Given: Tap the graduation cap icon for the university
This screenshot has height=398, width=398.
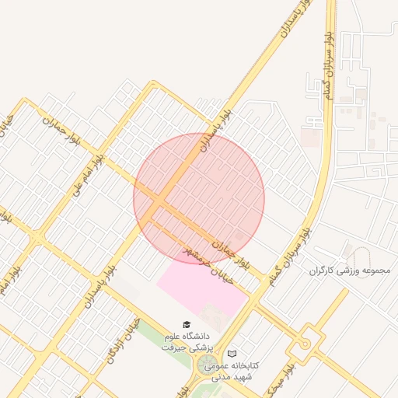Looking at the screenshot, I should tap(186, 324).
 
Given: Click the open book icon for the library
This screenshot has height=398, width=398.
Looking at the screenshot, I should tap(232, 354).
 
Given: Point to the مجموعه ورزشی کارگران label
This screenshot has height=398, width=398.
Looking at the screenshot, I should tap(350, 270).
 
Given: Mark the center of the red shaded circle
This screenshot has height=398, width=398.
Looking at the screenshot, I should tap(199, 198).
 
